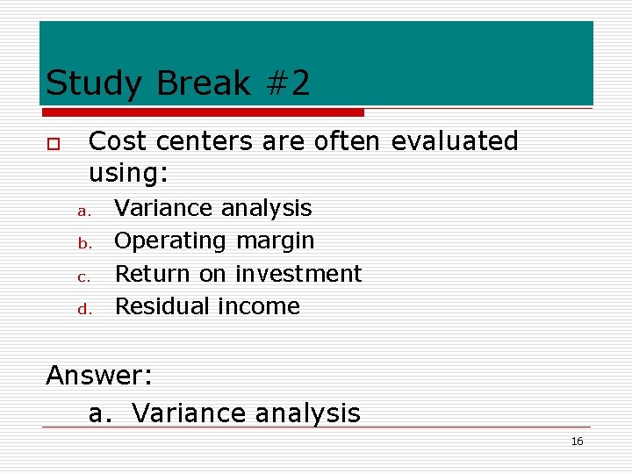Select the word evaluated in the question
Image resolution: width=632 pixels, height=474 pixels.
455,140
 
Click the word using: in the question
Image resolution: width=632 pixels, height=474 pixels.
128,173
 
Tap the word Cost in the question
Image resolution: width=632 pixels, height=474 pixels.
118,140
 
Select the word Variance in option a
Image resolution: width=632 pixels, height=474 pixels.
163,208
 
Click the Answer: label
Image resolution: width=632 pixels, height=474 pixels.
99,376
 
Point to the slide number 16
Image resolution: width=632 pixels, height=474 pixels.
577,442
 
